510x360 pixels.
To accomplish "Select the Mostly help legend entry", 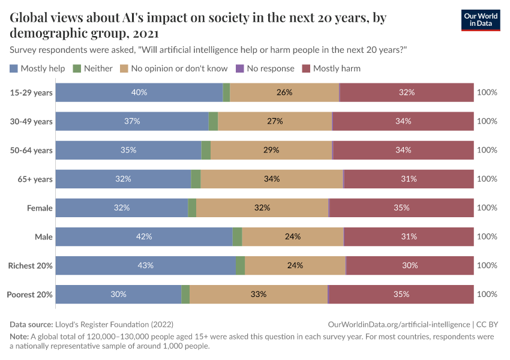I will click(x=37, y=68).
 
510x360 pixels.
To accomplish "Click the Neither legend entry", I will click(x=92, y=68).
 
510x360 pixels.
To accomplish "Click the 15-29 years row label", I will click(x=31, y=92).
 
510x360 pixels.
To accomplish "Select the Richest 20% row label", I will click(x=30, y=265).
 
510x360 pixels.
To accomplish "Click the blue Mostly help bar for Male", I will click(x=143, y=236).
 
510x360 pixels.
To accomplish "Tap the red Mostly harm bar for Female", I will click(x=401, y=208).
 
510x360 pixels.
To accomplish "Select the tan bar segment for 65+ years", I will click(x=271, y=179).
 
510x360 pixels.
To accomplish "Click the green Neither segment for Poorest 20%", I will click(x=185, y=294).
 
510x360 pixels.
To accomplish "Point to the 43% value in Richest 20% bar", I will click(x=146, y=265).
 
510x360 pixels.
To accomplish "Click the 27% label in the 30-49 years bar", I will click(x=275, y=121).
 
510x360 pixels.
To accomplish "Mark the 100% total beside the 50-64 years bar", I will click(x=487, y=150).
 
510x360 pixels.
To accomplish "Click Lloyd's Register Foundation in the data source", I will click(x=114, y=324).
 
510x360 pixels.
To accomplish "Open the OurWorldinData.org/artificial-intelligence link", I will click(x=401, y=324).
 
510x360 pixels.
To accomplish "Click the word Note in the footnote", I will click(x=19, y=337).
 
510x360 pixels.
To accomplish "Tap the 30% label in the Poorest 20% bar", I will click(x=118, y=294).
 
